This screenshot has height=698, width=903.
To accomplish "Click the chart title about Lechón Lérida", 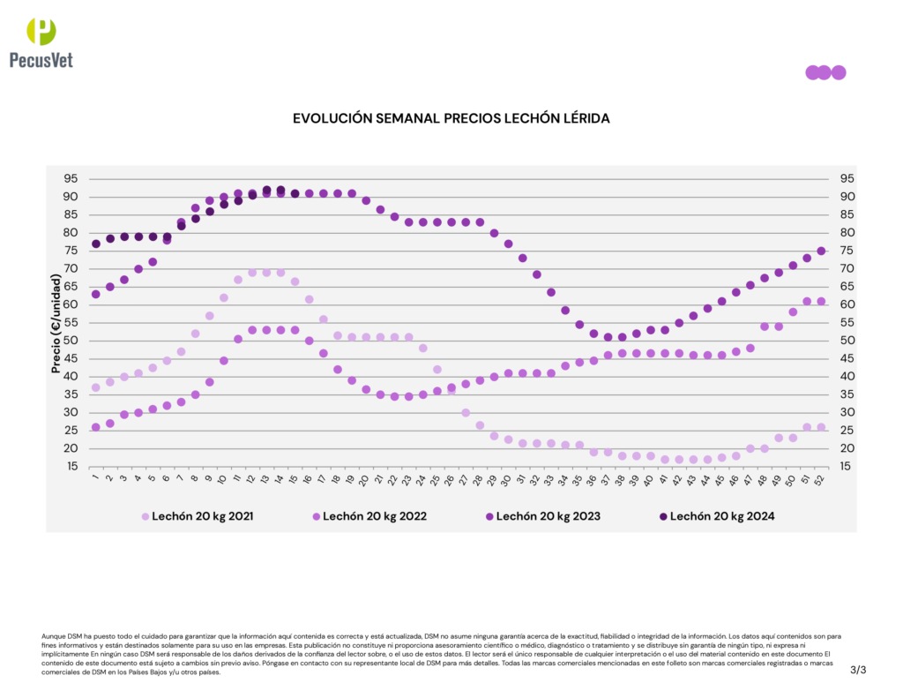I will pos(451,117).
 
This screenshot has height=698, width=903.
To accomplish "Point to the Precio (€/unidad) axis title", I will pos(56,323).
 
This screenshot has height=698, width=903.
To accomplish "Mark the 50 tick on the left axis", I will pos(70,341).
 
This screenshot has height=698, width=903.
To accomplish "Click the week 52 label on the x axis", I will pos(821,480).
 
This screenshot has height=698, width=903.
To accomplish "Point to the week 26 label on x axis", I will pos(451,480).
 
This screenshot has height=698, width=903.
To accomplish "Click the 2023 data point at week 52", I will pos(821,251).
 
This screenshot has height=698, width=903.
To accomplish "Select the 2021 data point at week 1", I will pos(95,387).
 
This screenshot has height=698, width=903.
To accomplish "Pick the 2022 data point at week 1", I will pos(95,427).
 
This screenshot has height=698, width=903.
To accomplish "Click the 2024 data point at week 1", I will pos(95,244).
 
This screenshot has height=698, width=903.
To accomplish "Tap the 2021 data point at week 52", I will pos(821,427).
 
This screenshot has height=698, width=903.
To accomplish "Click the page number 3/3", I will pos(858,670).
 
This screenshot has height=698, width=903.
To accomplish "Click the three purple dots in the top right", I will pos(825,72).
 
